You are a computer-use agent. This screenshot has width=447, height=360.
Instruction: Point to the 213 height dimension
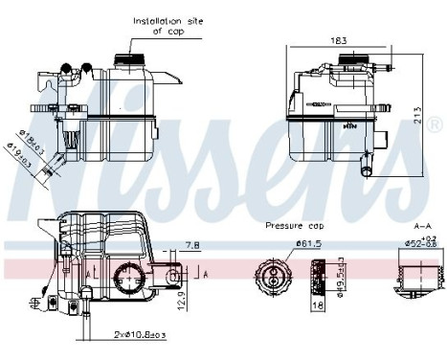(x=417, y=109)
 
